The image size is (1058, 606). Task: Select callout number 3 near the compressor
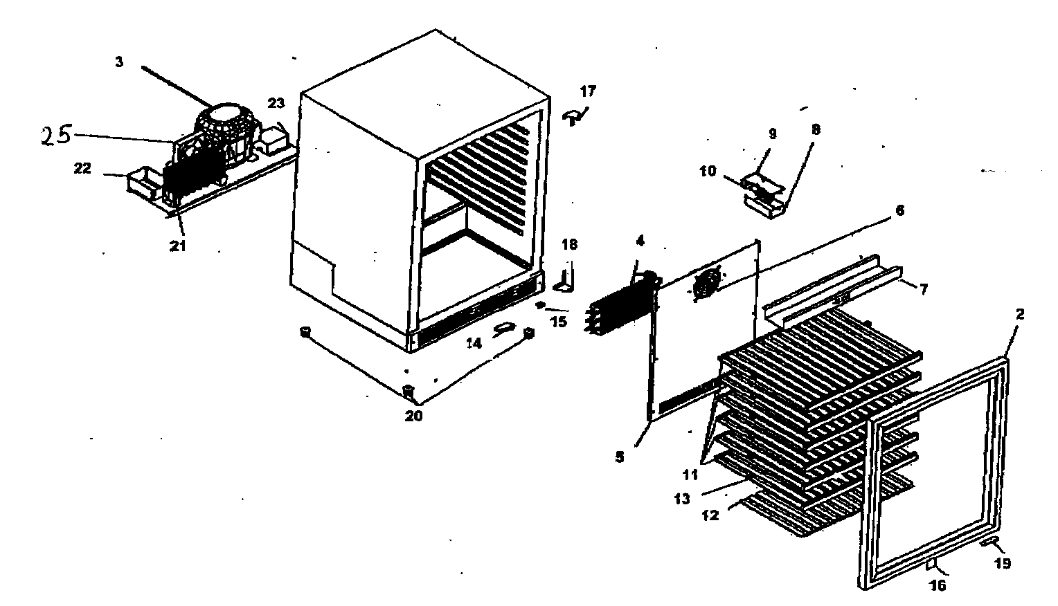[119, 62]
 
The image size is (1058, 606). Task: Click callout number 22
[82, 169]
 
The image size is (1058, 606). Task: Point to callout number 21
[178, 246]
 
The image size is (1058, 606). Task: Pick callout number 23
[276, 103]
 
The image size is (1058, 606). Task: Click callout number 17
[587, 91]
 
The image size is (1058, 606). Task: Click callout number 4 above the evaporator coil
[640, 241]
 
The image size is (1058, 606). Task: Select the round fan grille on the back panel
[706, 284]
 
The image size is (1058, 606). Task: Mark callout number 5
[620, 457]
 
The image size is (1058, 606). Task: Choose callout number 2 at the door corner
[1020, 314]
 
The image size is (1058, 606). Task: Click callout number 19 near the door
[1003, 563]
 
